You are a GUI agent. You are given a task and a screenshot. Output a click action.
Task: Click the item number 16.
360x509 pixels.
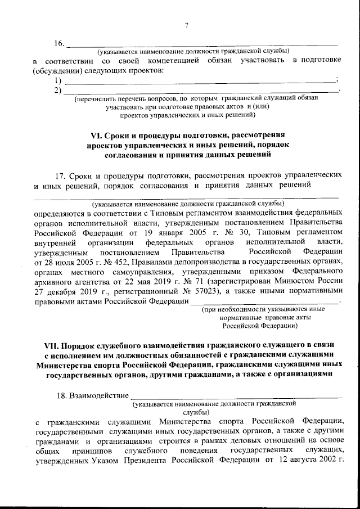[x=59, y=43]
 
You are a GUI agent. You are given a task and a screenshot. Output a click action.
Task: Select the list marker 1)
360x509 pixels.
[x=57, y=80]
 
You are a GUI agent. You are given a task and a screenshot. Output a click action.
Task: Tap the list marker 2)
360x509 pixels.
[x=57, y=90]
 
